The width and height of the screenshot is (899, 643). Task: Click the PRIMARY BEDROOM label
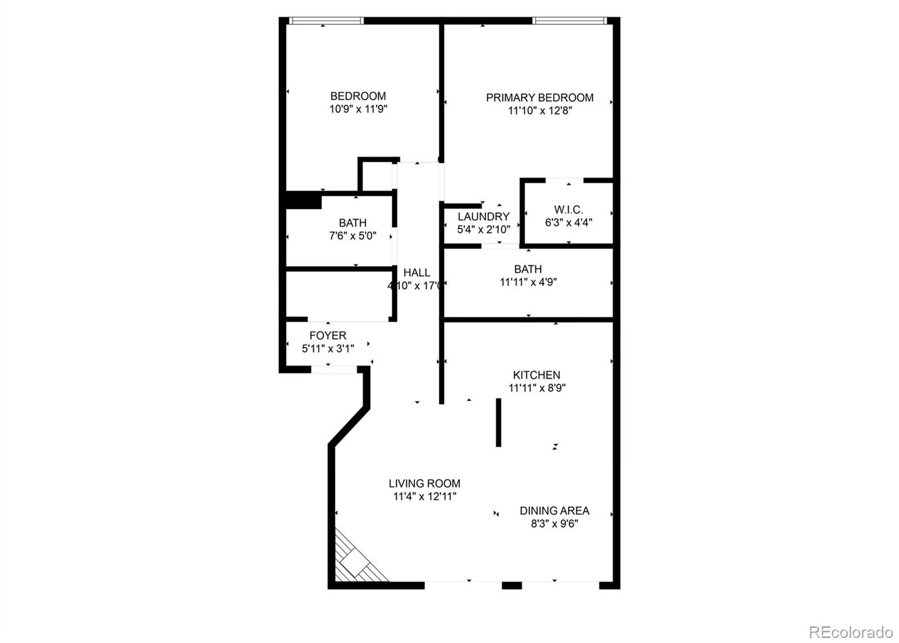click(539, 97)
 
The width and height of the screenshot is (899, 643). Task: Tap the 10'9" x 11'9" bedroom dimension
click(358, 109)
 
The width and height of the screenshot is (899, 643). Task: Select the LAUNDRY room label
click(483, 217)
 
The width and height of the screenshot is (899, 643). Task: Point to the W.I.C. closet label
click(568, 210)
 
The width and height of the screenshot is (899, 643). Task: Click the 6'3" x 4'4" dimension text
click(568, 222)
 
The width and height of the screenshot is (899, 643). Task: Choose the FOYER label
click(328, 336)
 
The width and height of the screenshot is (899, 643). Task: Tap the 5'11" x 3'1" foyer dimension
click(328, 349)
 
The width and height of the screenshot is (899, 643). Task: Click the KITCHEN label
click(536, 375)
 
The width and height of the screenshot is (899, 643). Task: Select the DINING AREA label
click(554, 511)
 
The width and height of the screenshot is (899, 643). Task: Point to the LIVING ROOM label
click(424, 483)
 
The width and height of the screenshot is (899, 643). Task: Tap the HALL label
click(416, 273)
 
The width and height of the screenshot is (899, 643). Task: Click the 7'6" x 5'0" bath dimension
click(352, 236)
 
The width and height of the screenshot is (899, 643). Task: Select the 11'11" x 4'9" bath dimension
click(528, 282)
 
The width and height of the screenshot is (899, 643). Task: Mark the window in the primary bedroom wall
click(569, 21)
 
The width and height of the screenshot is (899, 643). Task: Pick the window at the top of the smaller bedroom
click(326, 21)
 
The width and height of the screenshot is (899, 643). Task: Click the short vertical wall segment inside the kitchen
click(498, 422)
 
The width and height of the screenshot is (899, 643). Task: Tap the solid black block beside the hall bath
click(303, 201)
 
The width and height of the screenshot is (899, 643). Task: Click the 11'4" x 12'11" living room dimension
click(424, 496)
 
